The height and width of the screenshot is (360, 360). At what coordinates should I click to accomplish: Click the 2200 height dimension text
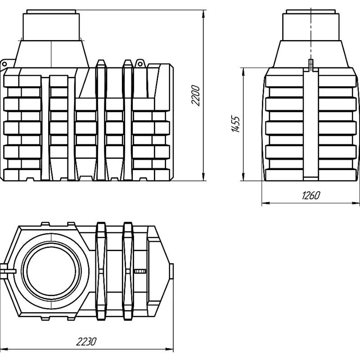click(x=196, y=95)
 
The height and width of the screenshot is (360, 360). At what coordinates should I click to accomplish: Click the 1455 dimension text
click(x=236, y=124)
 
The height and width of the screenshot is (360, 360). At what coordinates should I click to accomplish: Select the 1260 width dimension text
click(x=310, y=195)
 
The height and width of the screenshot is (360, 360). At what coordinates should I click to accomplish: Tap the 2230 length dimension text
click(x=86, y=342)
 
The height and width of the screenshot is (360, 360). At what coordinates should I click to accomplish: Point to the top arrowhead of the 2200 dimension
click(x=203, y=14)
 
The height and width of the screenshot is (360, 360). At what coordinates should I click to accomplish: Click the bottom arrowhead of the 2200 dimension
click(x=203, y=176)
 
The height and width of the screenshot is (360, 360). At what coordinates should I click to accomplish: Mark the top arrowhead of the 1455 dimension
click(x=243, y=72)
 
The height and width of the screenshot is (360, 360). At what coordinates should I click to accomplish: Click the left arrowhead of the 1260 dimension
click(x=266, y=203)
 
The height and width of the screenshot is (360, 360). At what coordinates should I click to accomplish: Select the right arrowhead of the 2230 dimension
click(x=169, y=350)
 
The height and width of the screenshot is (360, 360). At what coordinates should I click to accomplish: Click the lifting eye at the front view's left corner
click(x=4, y=63)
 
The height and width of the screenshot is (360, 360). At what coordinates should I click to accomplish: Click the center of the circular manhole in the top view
click(x=51, y=271)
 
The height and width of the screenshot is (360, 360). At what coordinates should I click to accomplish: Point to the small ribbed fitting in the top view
click(x=140, y=271)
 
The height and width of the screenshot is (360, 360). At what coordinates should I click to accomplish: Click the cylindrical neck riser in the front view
click(x=51, y=25)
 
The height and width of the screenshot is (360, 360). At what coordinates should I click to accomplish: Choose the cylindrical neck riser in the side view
click(x=310, y=25)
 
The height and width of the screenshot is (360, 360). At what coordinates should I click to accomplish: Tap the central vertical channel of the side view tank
click(x=311, y=124)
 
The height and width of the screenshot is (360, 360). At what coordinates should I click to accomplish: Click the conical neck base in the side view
click(x=310, y=54)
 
